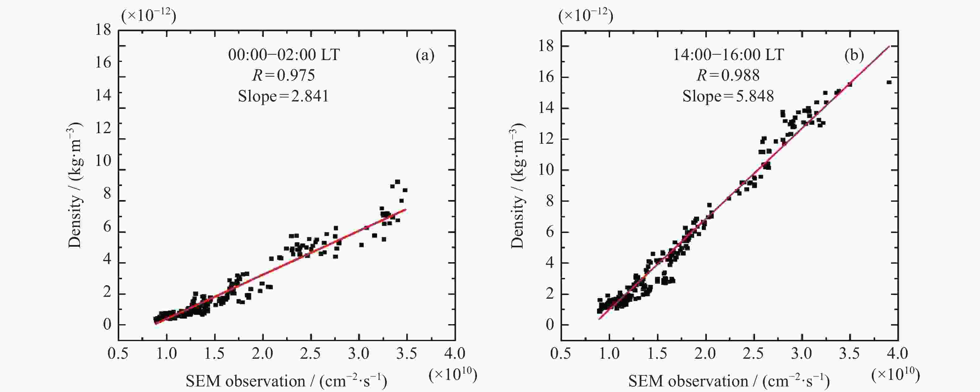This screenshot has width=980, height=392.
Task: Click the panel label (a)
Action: pos(425,56)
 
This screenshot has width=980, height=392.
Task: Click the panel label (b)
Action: pos(854,56)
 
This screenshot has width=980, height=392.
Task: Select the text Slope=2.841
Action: pos(283,96)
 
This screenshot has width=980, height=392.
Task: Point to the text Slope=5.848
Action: pos(728,96)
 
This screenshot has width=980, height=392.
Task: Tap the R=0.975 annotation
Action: pos(283,75)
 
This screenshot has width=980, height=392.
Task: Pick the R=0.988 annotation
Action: pos(728,75)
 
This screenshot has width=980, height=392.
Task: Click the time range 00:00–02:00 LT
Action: pos(284,55)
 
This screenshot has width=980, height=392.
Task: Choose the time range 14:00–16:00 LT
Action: pos(728,55)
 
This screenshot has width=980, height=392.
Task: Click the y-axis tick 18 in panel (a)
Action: pos(103,30)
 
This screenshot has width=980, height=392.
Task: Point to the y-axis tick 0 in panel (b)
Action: pos(550,324)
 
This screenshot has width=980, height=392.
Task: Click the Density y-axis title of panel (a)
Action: pos(75,185)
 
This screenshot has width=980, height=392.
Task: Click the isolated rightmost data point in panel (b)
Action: pos(889,82)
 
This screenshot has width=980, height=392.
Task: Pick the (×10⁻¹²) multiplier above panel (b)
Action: pos(586,16)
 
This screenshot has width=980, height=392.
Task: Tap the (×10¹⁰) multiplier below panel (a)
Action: pos(453,375)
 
